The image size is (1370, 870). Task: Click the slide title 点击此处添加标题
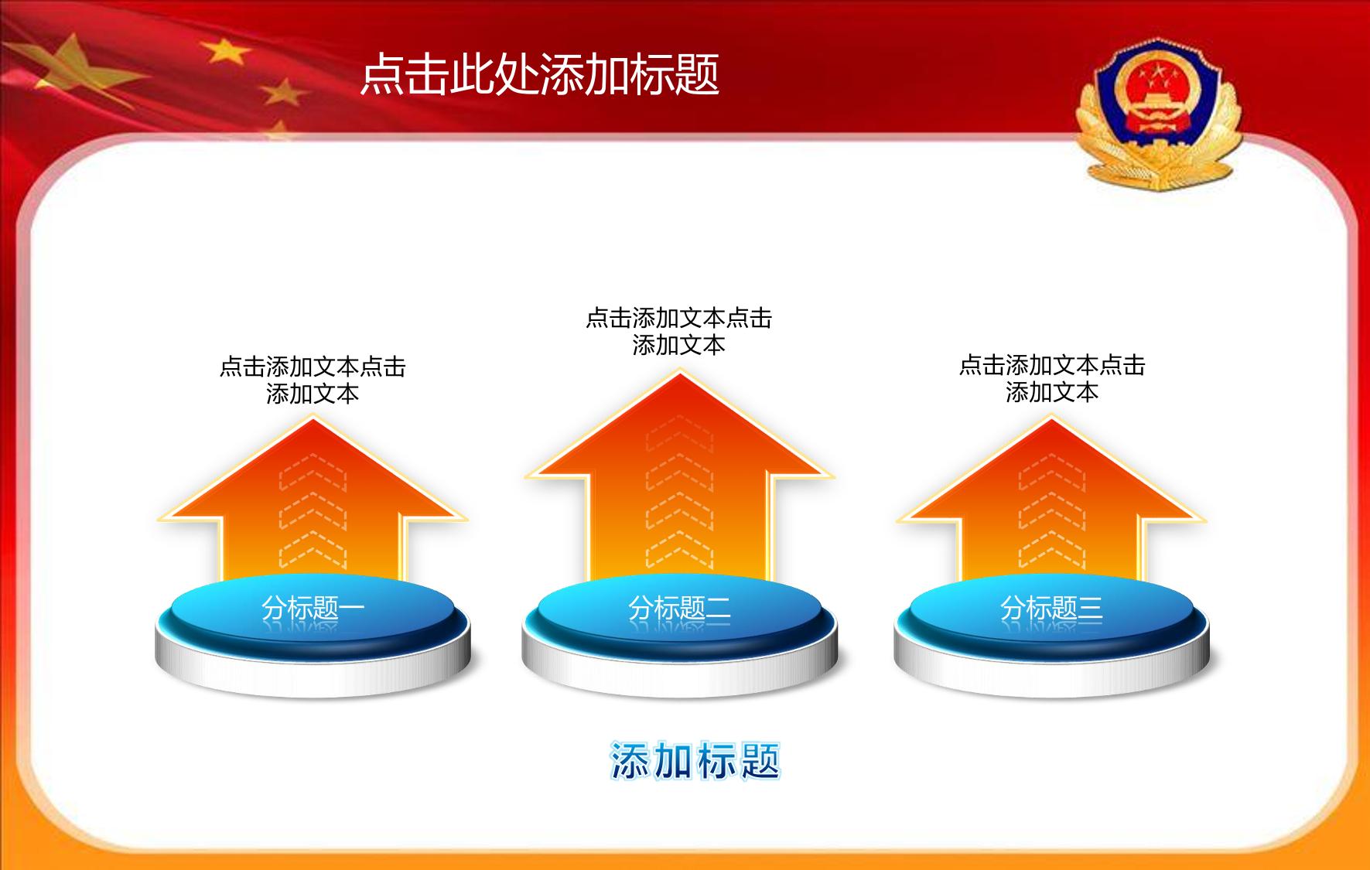[540, 74]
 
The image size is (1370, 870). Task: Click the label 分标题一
[313, 609]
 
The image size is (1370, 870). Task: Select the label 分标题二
[679, 609]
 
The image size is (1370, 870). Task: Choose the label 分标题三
[1051, 609]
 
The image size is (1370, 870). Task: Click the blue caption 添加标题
[695, 760]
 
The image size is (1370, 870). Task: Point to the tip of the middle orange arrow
[679, 373]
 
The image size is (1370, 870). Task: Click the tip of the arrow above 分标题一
[313, 418]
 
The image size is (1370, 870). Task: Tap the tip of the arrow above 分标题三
[1051, 418]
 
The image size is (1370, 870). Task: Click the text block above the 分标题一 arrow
[313, 380]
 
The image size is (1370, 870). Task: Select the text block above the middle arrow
[679, 331]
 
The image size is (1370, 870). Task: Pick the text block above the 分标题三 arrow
[1051, 378]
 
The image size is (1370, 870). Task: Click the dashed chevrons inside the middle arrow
[679, 495]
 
